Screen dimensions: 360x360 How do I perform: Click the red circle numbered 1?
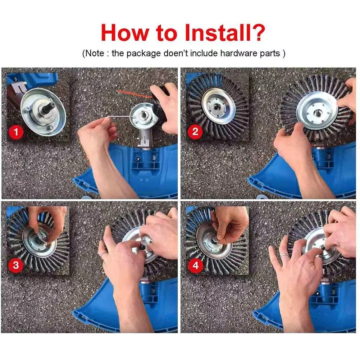click(15, 132)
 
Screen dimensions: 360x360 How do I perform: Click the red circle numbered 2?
click(195, 132)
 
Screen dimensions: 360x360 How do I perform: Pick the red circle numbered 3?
click(15, 266)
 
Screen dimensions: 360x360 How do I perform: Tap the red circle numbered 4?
click(195, 266)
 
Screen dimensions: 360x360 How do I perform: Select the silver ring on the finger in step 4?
click(284, 256)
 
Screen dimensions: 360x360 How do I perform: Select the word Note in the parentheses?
click(95, 54)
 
